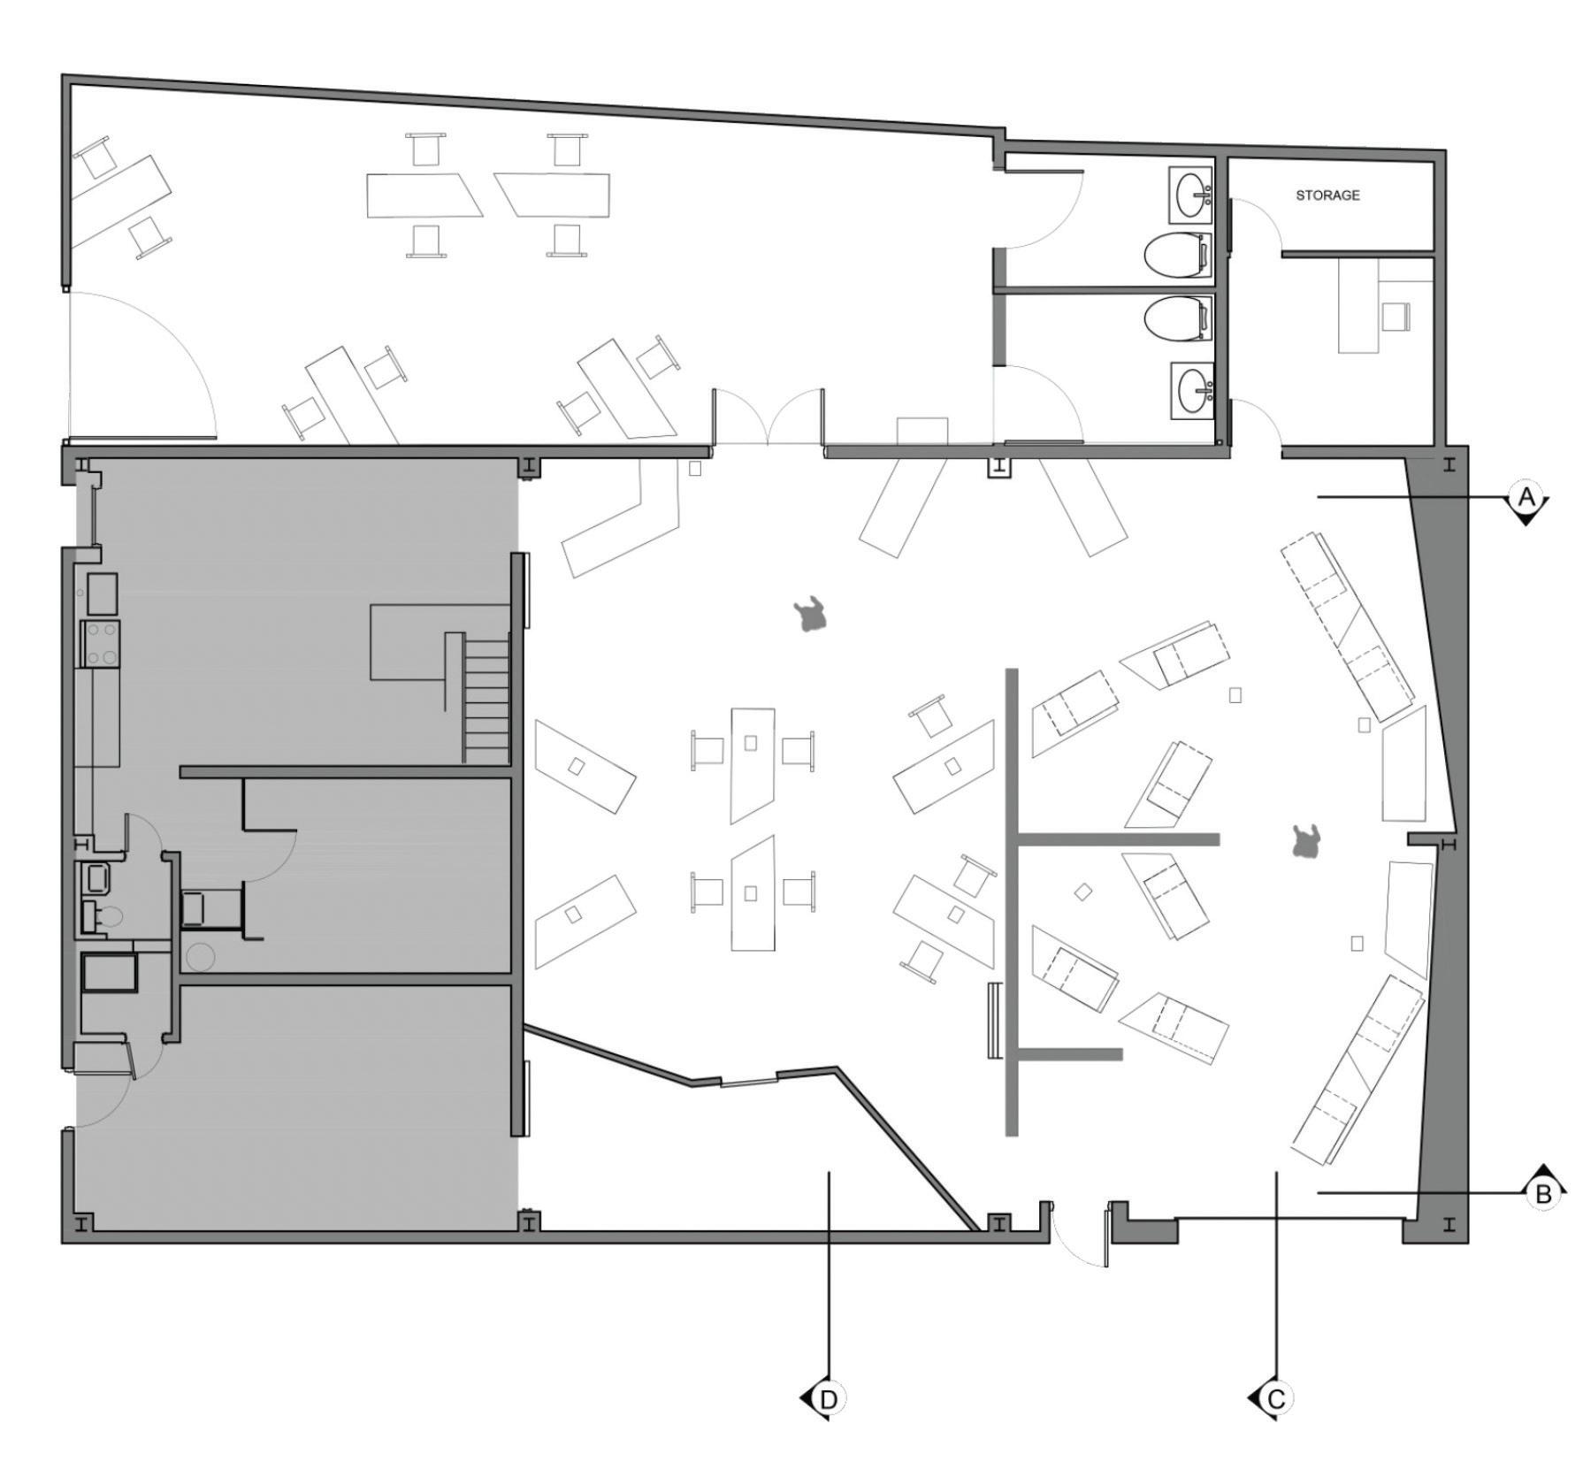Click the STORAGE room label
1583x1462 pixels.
coord(1327,195)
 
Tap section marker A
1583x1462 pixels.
coord(1526,498)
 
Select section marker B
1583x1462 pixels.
coord(1543,1194)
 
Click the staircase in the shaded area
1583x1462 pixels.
coord(486,699)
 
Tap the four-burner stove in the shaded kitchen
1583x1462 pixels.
coord(100,643)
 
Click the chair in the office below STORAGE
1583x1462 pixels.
coord(1394,316)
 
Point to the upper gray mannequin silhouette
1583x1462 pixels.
coord(810,615)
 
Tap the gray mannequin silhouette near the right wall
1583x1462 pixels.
coord(1305,841)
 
